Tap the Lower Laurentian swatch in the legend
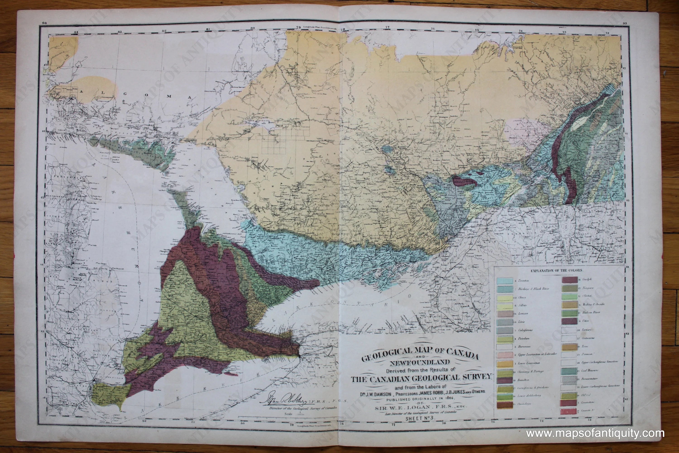click(505, 363)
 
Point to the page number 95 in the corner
click(625, 23)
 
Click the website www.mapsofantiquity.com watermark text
click(595, 433)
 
